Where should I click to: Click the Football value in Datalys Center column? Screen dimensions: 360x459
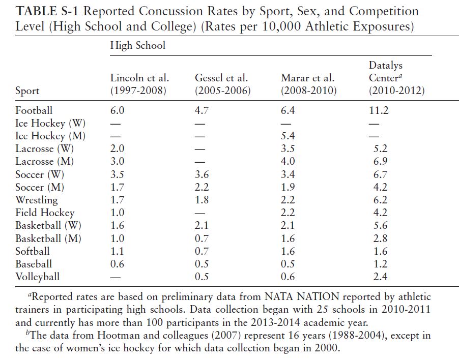tap(378, 110)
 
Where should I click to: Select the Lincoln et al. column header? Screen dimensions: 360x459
tap(139, 84)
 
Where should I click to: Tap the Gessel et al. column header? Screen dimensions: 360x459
tap(222, 84)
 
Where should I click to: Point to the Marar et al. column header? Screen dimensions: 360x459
tap(308, 84)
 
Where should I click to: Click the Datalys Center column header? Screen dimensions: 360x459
tap(396, 78)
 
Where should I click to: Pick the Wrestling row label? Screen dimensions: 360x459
tap(37, 200)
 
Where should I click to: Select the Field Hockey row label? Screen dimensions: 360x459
tap(45, 213)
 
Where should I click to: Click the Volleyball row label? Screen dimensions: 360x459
tap(38, 277)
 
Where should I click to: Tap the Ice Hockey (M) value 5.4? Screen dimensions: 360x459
tap(288, 136)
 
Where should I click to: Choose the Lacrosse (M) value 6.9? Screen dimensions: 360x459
tap(380, 161)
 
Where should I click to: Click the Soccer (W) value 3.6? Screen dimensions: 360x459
tap(202, 174)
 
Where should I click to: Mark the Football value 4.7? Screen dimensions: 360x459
tap(202, 110)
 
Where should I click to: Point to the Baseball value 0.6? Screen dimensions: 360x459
tap(117, 264)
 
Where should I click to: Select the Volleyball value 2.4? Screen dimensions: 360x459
tap(380, 277)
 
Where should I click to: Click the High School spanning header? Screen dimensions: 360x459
tap(138, 45)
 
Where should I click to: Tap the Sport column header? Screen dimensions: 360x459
tap(27, 91)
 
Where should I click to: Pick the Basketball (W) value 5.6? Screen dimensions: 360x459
tap(380, 225)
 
